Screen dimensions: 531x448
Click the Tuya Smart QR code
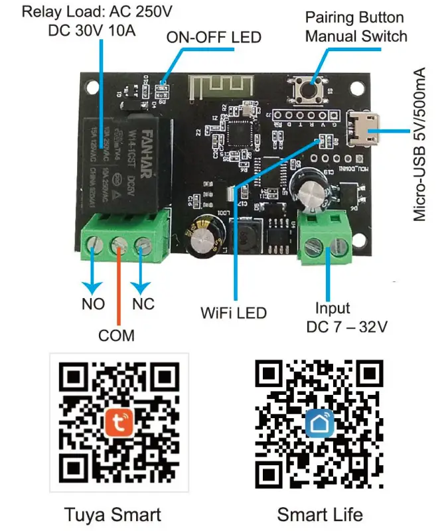(119, 421)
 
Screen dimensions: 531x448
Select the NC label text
(143, 304)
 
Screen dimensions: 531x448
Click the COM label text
(117, 335)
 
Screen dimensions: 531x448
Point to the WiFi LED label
(233, 312)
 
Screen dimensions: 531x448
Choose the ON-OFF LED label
(213, 37)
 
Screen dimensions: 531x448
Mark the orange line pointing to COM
(118, 285)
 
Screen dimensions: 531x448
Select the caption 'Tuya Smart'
(113, 514)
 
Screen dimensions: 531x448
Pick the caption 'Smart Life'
(320, 514)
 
